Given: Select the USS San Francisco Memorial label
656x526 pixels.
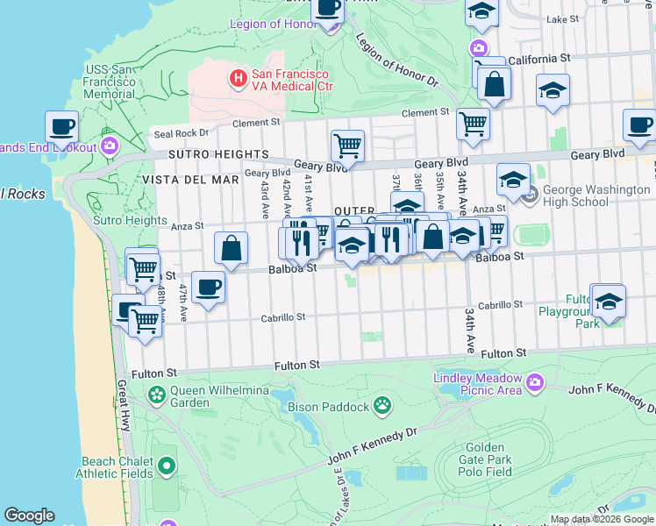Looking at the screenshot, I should click(110, 82).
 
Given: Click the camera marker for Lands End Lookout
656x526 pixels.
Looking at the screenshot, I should click(110, 145).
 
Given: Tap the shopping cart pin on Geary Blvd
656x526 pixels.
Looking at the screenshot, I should click(347, 146).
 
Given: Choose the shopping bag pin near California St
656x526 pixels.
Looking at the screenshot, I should click(495, 85).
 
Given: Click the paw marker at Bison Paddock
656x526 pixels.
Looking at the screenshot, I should click(382, 405).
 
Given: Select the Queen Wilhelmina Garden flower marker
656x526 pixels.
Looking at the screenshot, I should click(157, 395).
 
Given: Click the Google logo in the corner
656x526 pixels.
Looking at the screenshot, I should click(29, 515).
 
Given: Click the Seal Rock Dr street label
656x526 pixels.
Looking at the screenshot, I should click(182, 133).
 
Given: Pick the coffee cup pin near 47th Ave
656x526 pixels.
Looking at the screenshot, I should click(208, 287).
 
